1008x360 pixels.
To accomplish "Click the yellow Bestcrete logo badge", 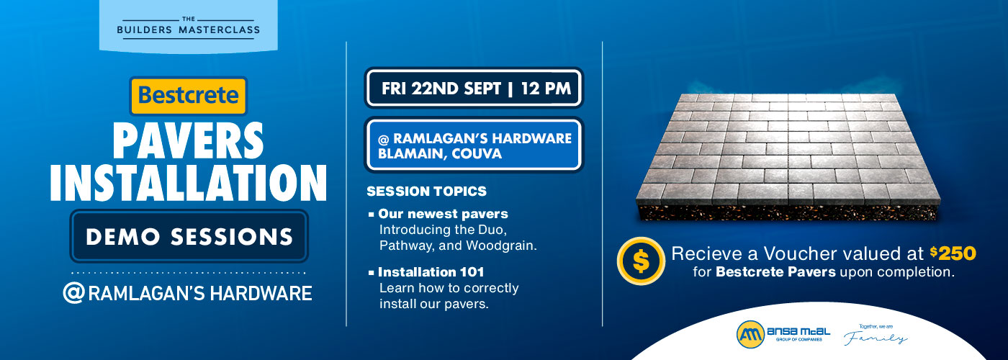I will [188, 96].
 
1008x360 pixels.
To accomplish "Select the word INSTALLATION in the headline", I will [188, 183].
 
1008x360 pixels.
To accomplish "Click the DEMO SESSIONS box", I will [189, 236].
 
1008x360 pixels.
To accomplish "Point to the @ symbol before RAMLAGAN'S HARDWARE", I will [74, 294].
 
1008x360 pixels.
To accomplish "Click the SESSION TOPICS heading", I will [426, 192].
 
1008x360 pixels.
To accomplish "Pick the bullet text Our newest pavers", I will [444, 214].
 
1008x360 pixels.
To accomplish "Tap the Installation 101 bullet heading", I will [431, 272].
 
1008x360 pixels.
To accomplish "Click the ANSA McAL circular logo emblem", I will [749, 333].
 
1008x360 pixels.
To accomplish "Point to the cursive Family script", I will [882, 338].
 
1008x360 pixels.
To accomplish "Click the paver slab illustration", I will [788, 151].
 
